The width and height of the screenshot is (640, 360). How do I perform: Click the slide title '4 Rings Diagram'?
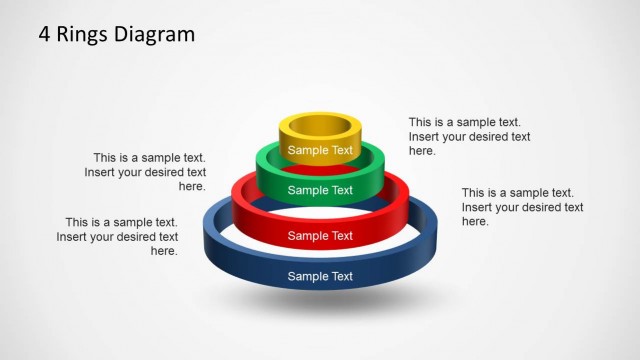(117, 35)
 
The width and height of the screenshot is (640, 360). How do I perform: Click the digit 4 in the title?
(45, 35)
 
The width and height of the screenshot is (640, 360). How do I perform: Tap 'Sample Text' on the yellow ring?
(320, 151)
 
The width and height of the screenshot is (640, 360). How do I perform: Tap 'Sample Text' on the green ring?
(320, 190)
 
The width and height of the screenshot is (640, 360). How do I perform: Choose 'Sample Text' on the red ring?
(320, 236)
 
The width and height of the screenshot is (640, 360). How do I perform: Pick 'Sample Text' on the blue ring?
(320, 276)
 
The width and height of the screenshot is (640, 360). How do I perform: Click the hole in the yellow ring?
(320, 127)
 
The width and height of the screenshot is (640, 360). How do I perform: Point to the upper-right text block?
(469, 136)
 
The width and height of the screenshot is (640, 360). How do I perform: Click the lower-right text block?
(522, 207)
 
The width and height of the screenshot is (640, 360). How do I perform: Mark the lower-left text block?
(118, 237)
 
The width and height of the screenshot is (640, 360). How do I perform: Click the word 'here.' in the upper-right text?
(423, 151)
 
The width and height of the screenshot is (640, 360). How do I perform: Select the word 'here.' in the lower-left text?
(164, 252)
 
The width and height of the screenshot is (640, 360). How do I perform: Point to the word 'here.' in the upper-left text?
(192, 187)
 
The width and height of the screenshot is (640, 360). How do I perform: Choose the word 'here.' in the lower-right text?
(476, 222)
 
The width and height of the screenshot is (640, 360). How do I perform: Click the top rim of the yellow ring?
(320, 116)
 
